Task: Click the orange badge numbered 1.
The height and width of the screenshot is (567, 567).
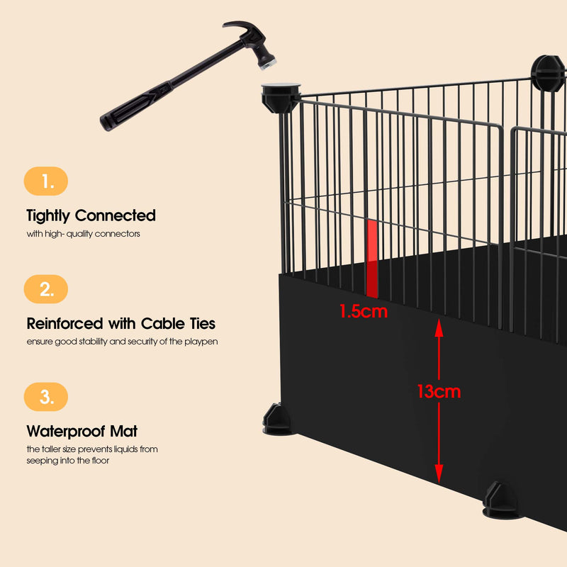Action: [46, 181]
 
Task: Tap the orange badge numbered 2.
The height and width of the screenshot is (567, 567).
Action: [46, 289]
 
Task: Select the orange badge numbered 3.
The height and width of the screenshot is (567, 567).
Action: [46, 397]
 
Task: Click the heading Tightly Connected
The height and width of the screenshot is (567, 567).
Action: [91, 215]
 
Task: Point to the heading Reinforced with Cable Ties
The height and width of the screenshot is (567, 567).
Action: [121, 324]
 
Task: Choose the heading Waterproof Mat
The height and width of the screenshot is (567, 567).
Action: [82, 431]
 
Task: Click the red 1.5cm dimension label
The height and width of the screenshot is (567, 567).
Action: [364, 311]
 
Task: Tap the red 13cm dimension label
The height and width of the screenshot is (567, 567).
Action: [439, 391]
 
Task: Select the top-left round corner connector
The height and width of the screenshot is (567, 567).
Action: [281, 97]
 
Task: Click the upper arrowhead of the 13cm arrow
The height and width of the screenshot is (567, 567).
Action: [439, 328]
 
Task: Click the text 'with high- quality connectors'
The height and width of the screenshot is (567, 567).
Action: [84, 233]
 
